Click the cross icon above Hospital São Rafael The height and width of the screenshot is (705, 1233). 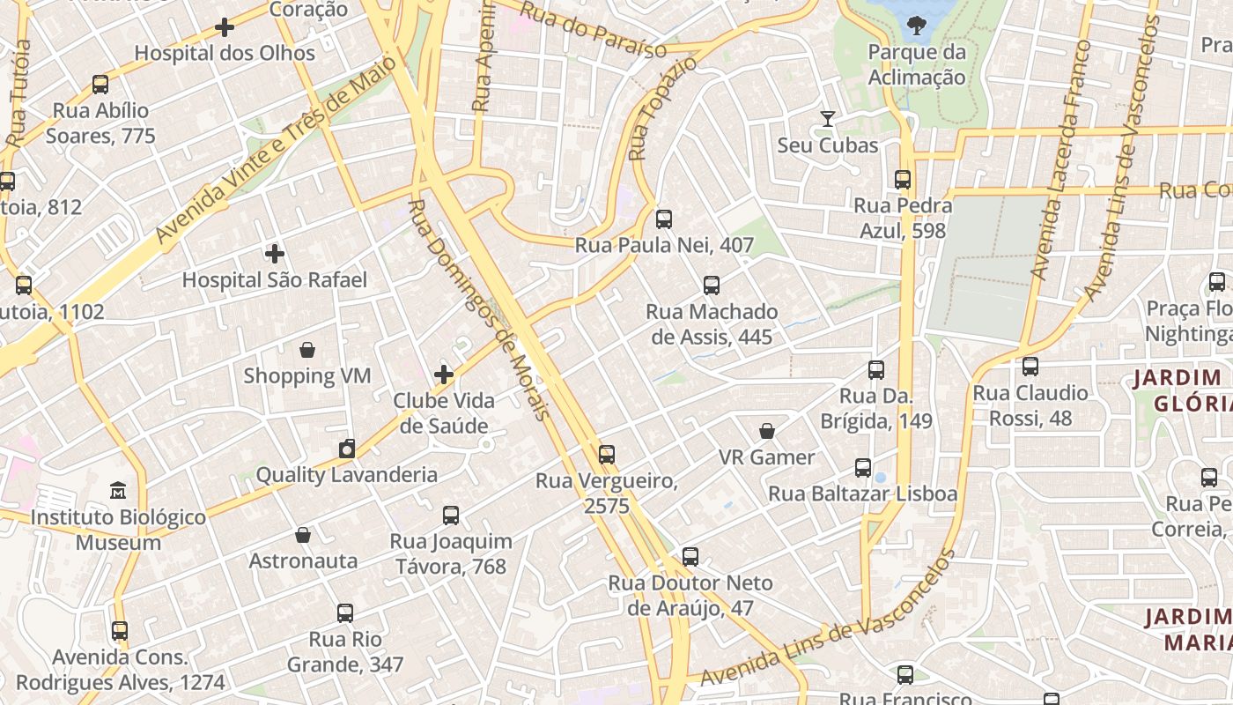coord(275,255)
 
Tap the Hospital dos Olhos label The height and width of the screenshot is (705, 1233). coord(225,53)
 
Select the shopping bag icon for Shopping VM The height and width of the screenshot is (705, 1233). coord(306,351)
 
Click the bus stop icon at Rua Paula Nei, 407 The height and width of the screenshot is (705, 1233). coord(664,219)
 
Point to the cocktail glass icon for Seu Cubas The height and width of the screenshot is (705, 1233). coord(827,119)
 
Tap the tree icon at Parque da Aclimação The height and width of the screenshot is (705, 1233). coord(917,26)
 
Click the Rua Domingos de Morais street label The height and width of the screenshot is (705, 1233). coord(479,308)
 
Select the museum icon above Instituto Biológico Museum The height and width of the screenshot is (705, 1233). coord(118,490)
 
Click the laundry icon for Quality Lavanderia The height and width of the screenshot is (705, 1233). coord(347,449)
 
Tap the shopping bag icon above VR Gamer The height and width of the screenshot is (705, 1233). coord(767,432)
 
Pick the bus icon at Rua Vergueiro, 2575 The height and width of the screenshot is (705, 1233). coord(606,456)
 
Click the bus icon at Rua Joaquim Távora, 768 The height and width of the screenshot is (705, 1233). coord(451,516)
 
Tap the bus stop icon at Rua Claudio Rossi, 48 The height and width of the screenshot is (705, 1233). coord(1030,367)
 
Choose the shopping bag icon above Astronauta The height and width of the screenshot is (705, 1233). coord(303,536)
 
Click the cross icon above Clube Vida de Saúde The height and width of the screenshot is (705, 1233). coord(444,375)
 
